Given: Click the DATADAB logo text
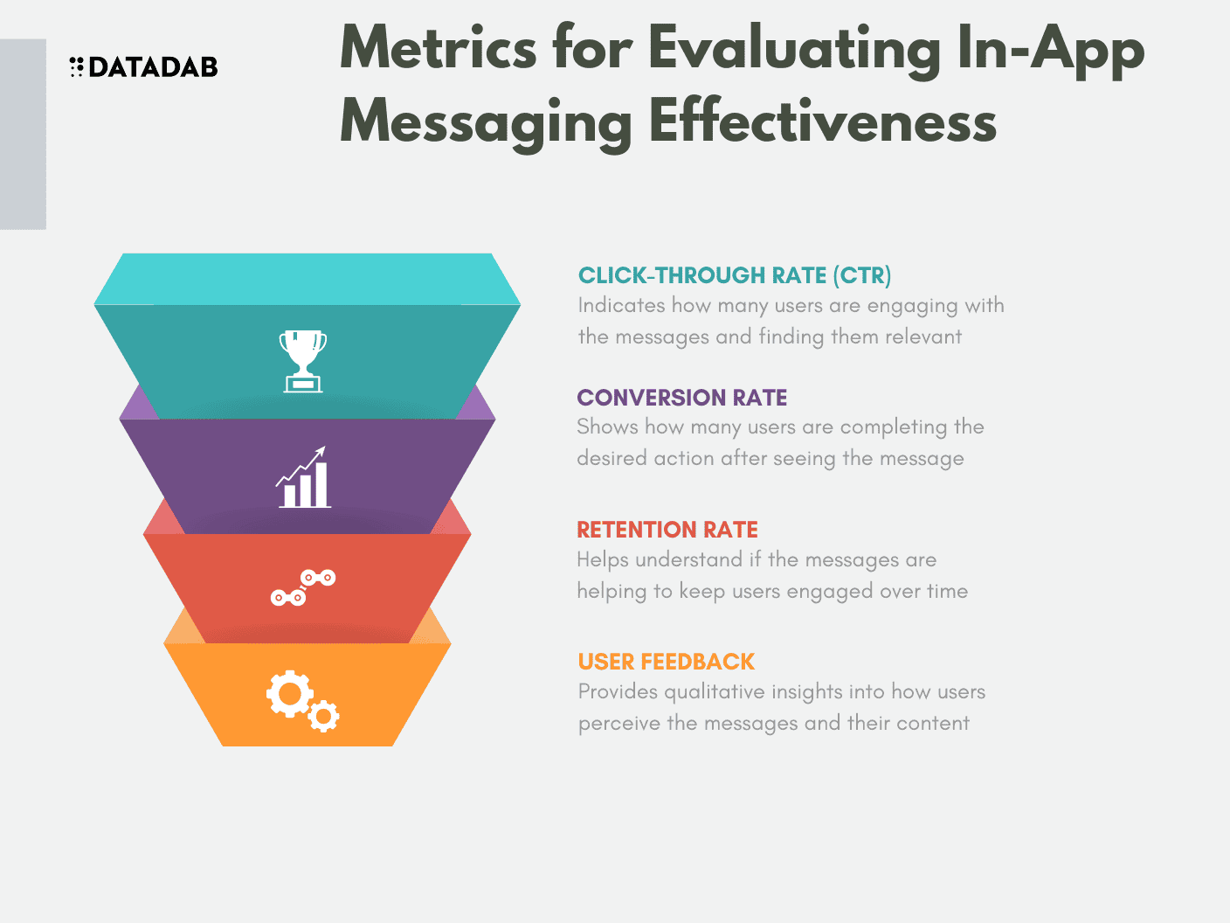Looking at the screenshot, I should pos(153,67).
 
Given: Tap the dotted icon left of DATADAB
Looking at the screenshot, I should pos(76,67).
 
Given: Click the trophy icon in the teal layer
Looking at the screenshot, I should pos(303,360).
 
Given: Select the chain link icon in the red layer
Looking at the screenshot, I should pos(302,587).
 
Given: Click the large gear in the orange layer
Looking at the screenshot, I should pos(289,694).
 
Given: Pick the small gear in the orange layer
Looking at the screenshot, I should pos(324,716).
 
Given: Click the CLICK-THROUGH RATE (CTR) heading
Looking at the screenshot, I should pos(735,275).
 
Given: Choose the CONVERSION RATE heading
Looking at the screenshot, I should pos(681,398).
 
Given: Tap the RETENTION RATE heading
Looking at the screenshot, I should pos(667,530).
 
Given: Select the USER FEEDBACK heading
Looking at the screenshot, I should pos(666,662).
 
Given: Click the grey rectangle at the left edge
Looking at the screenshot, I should pos(23,134).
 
